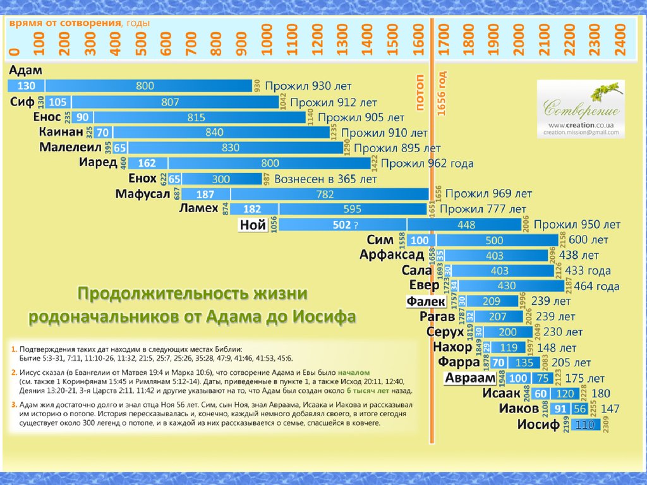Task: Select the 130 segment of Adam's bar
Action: pos(26,86)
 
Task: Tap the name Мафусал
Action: pos(143,194)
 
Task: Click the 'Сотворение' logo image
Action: pos(581,101)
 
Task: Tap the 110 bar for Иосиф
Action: pos(584,425)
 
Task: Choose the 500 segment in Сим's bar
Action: pos(495,240)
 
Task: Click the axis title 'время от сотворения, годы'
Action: pos(80,23)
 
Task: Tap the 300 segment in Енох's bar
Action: pos(221,179)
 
